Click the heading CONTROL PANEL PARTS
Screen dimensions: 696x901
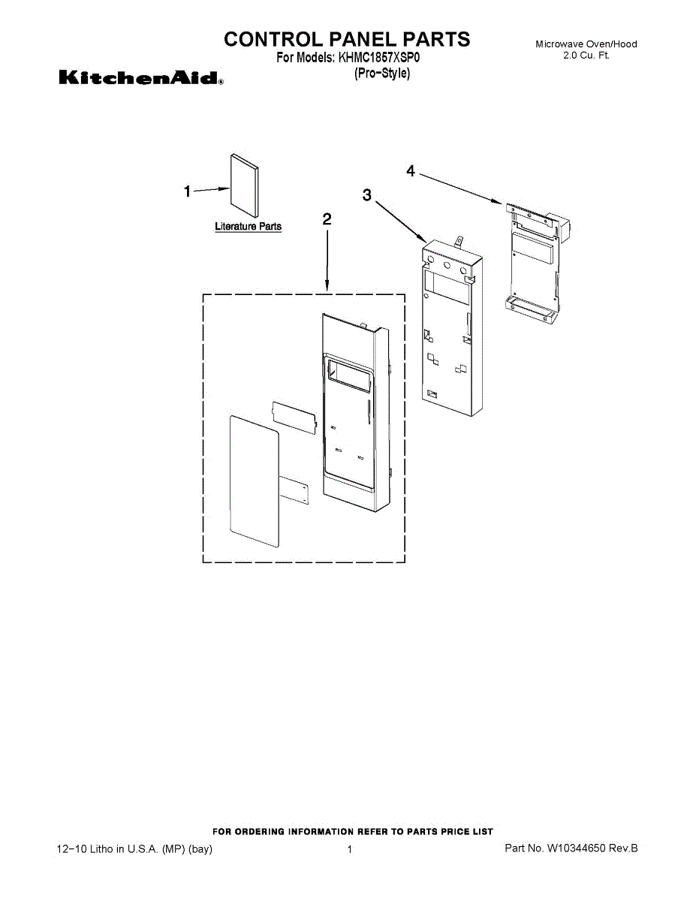pos(347,39)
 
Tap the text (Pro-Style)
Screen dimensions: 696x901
pos(382,74)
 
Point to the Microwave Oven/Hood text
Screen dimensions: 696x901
pos(586,44)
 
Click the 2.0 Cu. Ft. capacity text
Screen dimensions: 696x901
pos(586,56)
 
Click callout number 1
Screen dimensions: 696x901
pos(188,191)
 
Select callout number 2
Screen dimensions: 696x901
pos(327,219)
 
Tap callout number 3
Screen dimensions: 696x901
pos(366,194)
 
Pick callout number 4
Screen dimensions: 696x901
pos(411,171)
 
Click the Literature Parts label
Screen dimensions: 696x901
pos(248,226)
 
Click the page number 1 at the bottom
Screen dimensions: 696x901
pos(350,850)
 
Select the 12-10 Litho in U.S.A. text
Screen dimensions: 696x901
pos(135,849)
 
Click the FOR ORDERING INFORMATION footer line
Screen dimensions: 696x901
pos(353,831)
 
